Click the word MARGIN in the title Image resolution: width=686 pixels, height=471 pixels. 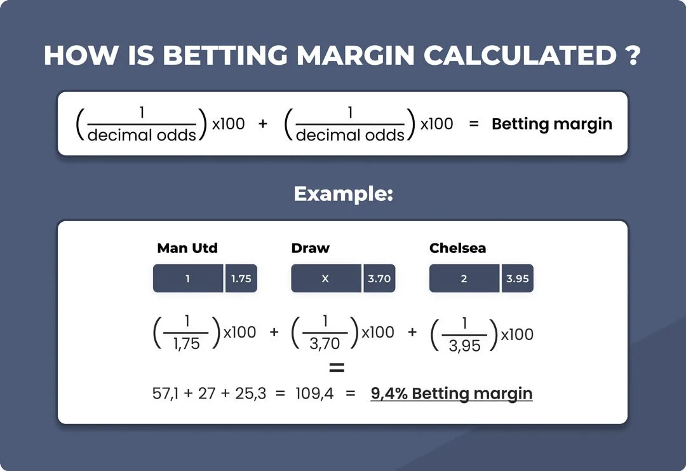click(355, 57)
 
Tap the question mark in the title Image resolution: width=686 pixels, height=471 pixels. click(630, 57)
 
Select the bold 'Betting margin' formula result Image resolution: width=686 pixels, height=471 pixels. click(552, 124)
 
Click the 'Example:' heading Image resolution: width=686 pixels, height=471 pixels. click(343, 194)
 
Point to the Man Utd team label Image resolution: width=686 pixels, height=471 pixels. click(187, 248)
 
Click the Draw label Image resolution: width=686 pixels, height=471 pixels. click(311, 248)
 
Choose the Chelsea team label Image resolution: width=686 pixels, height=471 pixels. click(457, 248)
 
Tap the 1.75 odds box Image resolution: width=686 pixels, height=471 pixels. click(241, 278)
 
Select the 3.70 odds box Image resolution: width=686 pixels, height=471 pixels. click(379, 278)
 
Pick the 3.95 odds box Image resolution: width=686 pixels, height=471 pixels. click(518, 278)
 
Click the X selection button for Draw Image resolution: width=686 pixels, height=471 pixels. click(325, 278)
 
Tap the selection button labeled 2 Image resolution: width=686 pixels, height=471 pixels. click(464, 278)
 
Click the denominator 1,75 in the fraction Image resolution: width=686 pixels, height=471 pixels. click(186, 344)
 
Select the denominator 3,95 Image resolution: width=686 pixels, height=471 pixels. click(464, 346)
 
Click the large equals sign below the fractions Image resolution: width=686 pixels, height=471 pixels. click(337, 368)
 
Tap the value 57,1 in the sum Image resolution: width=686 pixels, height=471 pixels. click(166, 393)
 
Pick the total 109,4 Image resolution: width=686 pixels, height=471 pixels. click(314, 393)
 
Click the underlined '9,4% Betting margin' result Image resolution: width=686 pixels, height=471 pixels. click(451, 393)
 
